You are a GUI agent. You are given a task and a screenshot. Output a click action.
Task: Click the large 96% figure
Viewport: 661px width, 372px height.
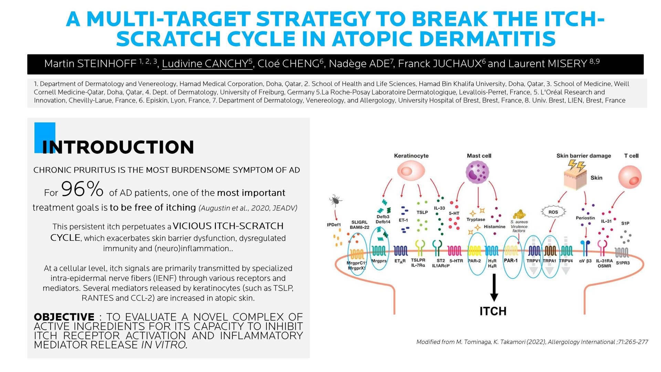pos(82,189)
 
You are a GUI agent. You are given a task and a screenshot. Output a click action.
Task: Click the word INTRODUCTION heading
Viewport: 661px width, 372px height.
pos(118,147)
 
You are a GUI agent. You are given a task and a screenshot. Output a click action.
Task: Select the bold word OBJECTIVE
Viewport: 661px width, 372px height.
pos(64,317)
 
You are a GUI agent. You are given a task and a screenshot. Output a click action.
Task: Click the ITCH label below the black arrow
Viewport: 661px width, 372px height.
pos(493,311)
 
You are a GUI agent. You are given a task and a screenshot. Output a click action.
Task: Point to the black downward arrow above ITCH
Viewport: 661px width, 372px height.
pos(494,288)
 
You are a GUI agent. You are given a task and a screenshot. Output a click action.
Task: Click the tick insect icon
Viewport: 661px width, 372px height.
pos(335,200)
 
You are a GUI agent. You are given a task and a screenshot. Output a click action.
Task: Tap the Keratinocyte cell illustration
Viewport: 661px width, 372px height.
pos(411,171)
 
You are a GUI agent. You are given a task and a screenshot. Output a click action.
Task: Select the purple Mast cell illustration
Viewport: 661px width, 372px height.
pos(477,172)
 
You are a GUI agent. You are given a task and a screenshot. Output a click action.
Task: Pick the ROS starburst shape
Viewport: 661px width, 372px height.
pos(553,212)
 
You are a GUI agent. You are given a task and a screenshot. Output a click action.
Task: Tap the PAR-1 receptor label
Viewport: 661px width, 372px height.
pos(511,260)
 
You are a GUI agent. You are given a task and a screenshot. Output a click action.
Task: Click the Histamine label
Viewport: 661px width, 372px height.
pos(494,227)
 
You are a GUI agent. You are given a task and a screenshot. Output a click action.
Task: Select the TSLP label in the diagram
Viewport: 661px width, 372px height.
pos(422,212)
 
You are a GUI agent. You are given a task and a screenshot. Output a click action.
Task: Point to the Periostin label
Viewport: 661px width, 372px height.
pos(585,218)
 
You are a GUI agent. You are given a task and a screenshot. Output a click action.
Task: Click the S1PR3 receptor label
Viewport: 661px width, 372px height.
pos(623,263)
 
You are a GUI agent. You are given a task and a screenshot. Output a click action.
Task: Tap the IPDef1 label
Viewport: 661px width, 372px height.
pos(334,225)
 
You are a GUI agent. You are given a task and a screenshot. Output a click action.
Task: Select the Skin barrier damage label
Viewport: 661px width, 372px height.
pos(584,156)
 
